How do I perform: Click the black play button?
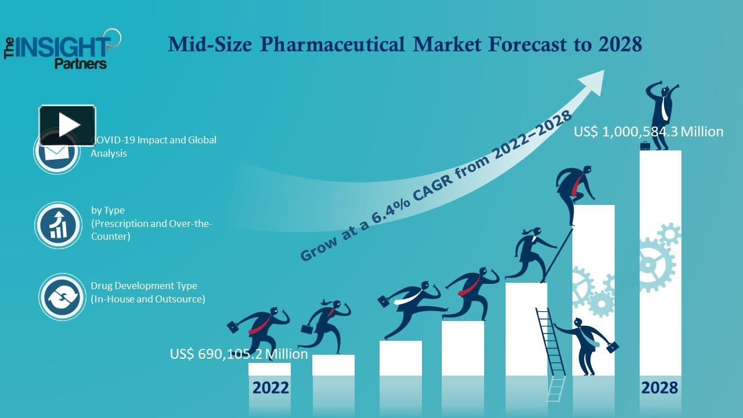point(67,125)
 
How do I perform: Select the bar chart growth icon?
point(58,225)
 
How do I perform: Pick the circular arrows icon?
point(62,297)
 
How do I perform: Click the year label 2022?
point(270,387)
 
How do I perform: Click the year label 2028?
point(659,387)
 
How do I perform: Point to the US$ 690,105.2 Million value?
point(239,354)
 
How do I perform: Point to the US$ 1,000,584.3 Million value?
point(648,132)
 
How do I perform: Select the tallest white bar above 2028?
point(661,261)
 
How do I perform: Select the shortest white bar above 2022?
point(269,369)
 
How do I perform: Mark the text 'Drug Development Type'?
point(144,286)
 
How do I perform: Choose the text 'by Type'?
point(108,210)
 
